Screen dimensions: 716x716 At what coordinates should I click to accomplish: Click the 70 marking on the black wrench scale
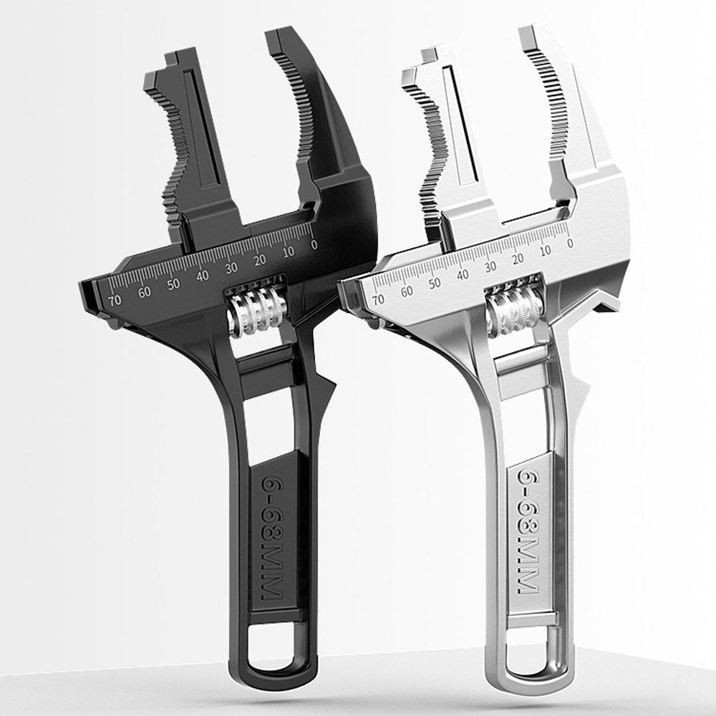point(115,299)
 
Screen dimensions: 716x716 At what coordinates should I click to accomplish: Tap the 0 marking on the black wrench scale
point(314,245)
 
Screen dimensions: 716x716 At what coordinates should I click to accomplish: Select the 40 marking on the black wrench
point(203,276)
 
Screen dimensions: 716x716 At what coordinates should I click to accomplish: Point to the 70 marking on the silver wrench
point(377,299)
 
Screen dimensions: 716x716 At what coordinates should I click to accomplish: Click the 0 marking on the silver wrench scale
point(570,243)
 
